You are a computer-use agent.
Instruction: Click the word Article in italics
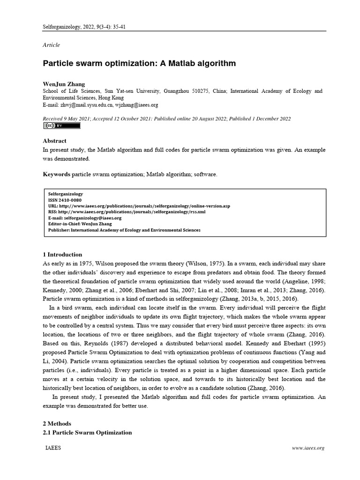coord(51,45)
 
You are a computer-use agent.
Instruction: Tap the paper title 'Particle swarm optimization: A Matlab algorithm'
coord(139,63)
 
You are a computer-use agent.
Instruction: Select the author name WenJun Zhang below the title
coord(64,84)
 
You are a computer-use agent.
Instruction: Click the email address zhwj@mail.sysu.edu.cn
coord(87,105)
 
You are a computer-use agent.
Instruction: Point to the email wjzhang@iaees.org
coord(136,105)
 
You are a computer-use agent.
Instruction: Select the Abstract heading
coord(54,141)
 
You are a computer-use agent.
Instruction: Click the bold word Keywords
coord(56,174)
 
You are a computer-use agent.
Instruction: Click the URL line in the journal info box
coord(139,206)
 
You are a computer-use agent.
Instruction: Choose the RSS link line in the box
coord(127,212)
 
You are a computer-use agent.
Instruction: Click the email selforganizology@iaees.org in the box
coord(85,218)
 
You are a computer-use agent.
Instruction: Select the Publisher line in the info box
coord(124,230)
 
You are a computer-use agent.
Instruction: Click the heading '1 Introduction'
coord(62,255)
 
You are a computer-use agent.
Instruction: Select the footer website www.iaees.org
coord(308,449)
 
